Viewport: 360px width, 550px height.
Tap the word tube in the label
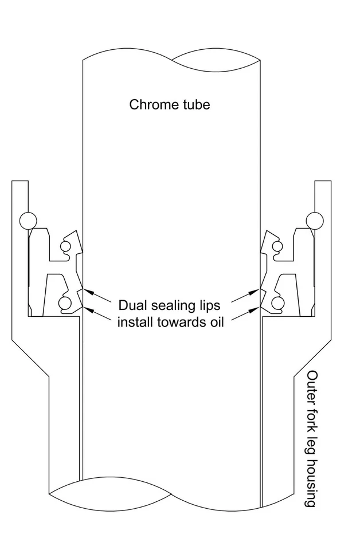195,104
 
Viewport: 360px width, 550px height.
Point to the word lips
209,306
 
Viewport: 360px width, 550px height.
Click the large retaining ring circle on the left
29,221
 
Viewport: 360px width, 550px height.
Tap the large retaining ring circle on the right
315,221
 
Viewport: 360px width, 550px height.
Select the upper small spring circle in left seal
65,246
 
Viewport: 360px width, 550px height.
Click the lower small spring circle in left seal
65,302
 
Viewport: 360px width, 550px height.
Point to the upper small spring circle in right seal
277,246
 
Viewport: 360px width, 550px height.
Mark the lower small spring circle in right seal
278,302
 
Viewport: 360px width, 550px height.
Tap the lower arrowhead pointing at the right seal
255,310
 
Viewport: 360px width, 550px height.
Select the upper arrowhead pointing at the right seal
255,291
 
